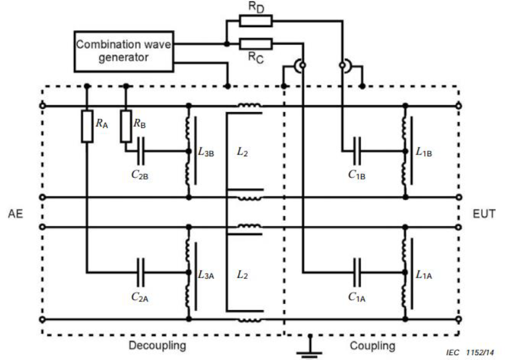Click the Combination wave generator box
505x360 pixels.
point(124,52)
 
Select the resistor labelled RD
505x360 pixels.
point(256,20)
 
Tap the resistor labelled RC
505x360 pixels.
point(256,44)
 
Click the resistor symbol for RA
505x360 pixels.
point(87,126)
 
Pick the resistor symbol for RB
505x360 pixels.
point(126,126)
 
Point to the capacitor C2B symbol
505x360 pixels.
point(141,151)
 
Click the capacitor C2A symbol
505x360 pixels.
point(141,273)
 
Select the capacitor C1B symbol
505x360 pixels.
point(357,151)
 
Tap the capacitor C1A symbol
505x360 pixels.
point(357,273)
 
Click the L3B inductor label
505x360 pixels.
point(206,152)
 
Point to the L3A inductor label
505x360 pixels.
point(206,274)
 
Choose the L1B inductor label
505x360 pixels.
point(424,152)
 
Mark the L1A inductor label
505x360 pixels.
point(424,274)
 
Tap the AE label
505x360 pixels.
point(15,214)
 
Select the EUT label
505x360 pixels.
point(483,214)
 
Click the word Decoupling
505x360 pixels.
point(158,346)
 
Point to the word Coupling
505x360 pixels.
point(373,346)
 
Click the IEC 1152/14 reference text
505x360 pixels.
point(470,353)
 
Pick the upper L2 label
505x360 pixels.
point(243,151)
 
